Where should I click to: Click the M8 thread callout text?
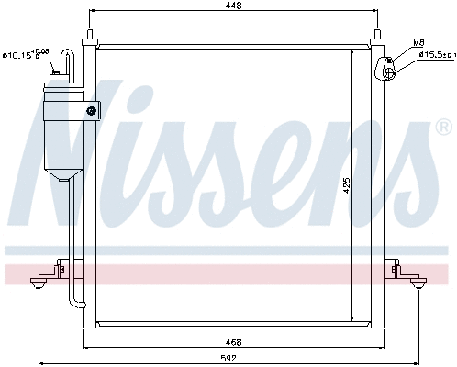418,42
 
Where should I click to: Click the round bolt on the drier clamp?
91,111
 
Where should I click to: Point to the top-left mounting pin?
90,37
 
